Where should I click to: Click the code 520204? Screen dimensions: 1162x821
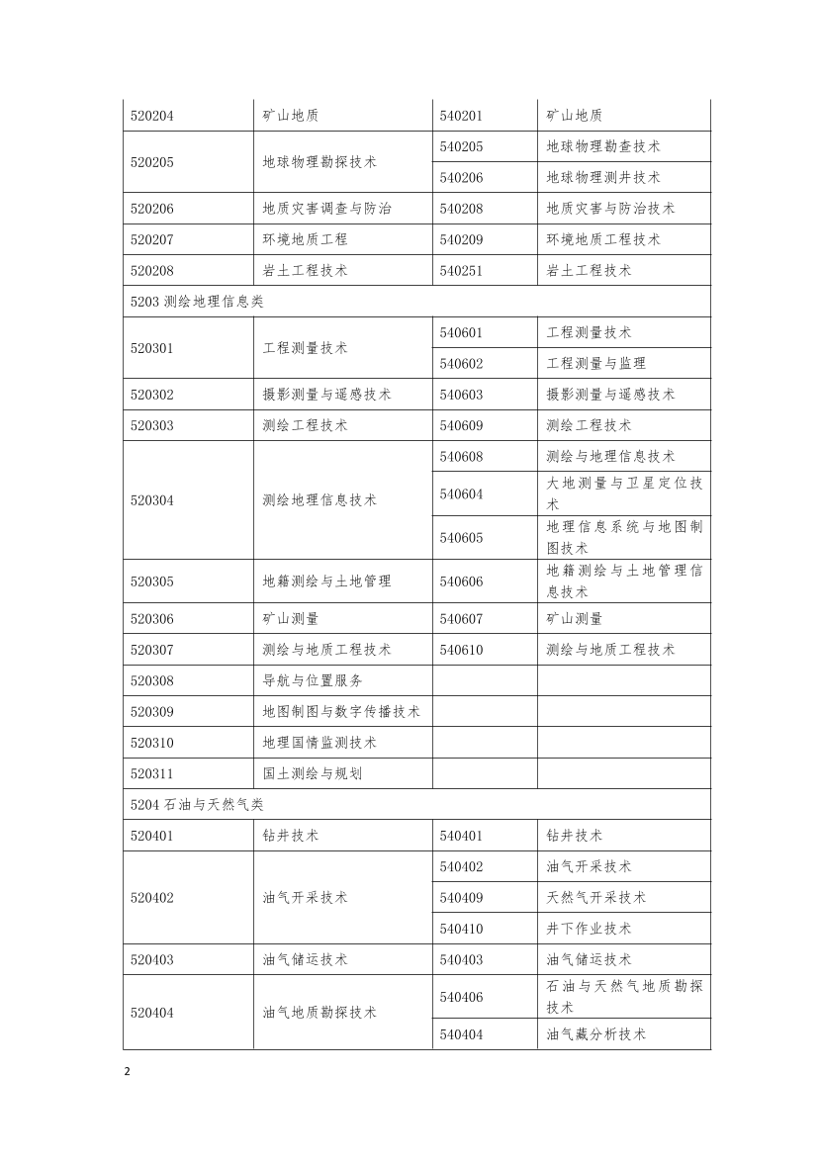pos(152,116)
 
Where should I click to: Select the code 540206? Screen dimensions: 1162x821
pos(461,177)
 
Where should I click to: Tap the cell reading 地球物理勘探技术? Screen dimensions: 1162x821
pos(319,162)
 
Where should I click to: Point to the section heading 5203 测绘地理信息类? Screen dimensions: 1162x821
pos(198,302)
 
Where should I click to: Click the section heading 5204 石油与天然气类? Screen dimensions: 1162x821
pos(198,805)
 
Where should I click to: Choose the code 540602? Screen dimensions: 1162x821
pos(461,364)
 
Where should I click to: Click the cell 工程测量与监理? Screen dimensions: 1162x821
pos(596,364)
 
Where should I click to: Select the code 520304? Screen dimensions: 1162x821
pos(152,500)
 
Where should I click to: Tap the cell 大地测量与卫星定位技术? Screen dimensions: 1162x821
pos(624,493)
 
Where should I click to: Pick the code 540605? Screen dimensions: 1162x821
pos(461,538)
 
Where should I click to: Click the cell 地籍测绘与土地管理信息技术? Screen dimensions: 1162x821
pos(624,581)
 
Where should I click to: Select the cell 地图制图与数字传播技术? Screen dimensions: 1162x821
pos(341,712)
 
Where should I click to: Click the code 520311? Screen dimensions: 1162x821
pos(152,773)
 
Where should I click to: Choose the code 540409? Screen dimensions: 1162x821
pos(461,898)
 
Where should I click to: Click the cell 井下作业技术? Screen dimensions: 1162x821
pos(589,929)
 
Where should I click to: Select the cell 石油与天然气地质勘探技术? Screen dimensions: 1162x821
pos(624,997)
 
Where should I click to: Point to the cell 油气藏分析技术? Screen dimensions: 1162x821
pos(596,1034)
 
